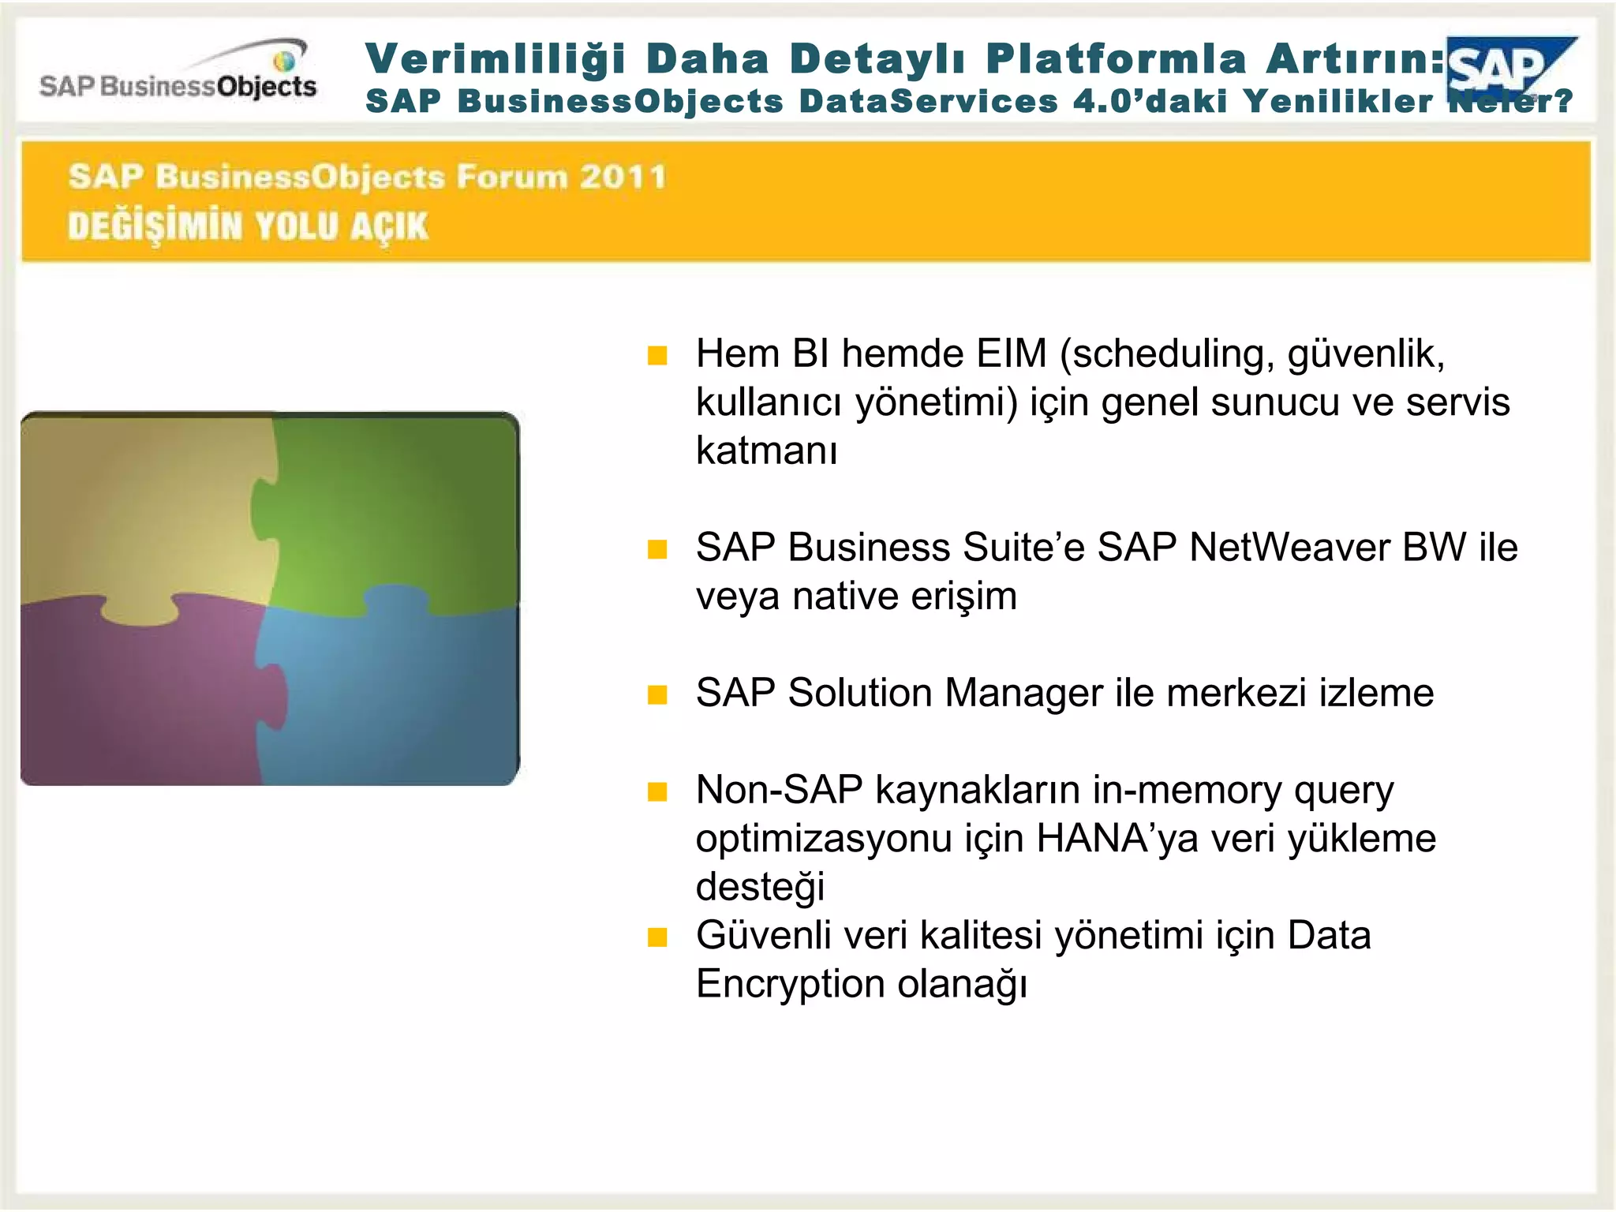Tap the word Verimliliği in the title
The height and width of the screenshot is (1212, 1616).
coord(496,59)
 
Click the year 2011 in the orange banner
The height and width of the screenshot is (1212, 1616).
coord(623,176)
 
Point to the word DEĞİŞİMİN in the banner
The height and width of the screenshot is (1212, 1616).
coord(155,226)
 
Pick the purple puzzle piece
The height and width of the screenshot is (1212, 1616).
coord(134,694)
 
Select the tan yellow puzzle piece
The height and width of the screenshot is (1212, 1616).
coord(142,513)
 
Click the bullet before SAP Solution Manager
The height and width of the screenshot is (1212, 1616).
coord(657,694)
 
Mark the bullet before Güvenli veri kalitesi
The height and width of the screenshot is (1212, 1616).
coord(657,937)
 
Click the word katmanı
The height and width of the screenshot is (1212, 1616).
coord(766,451)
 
